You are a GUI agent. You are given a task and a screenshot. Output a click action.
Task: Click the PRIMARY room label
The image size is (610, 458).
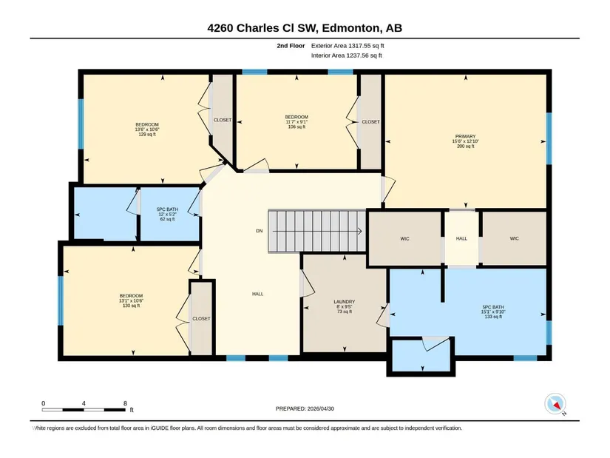465,137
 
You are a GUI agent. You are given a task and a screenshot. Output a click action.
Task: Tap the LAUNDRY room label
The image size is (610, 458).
345,302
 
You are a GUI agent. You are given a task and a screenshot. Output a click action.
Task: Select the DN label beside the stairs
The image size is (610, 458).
260,231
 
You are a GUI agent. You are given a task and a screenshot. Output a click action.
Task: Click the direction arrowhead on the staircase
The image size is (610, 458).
360,232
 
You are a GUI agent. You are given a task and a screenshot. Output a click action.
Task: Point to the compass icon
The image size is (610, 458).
555,404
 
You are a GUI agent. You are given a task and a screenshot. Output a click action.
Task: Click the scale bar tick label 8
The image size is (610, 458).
125,403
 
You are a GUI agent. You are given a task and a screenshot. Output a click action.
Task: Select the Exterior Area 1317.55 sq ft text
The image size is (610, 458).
348,46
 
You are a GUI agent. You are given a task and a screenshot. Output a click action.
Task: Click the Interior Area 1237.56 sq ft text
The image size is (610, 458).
346,55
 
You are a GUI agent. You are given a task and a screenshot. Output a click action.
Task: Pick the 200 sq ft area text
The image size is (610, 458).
465,147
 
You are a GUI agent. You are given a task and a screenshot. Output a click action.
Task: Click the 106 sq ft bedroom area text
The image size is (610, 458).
296,127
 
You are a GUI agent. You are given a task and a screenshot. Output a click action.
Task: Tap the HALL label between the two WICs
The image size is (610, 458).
461,238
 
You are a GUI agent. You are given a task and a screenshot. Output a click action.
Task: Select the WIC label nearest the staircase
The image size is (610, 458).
404,239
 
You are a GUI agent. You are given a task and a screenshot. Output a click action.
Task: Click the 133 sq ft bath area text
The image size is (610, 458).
493,317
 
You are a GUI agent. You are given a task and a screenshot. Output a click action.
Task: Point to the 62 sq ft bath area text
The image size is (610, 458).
167,219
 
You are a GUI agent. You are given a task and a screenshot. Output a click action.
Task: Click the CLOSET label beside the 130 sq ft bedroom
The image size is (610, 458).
201,319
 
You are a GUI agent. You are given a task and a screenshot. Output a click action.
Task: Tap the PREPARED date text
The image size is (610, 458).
305,408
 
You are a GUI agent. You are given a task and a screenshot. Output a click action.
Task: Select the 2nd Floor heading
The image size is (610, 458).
291,46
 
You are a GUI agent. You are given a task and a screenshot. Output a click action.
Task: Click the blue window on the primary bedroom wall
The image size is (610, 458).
549,138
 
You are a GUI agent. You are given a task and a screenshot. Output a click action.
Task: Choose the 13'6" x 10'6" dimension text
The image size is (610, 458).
147,129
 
